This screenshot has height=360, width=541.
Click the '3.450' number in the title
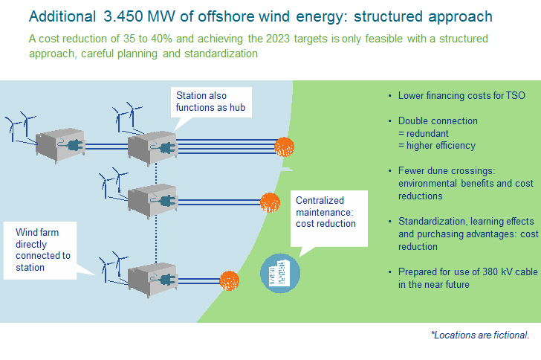coord(123,16)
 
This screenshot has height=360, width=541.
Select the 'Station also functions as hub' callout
coord(211,102)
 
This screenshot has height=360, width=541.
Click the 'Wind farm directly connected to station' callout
coord(40,250)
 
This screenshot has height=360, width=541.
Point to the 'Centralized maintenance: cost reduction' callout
coord(328,219)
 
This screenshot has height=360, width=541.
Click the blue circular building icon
coord(280,273)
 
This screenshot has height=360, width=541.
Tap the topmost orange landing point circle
coord(285,147)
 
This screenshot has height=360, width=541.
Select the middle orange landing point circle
coord(270,202)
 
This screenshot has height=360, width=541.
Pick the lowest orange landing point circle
coord(230,280)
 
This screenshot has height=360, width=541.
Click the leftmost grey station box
coord(60,146)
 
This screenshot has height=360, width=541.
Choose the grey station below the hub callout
coord(152,148)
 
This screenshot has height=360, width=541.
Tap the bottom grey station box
coord(152,280)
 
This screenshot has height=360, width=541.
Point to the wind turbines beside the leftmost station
coord(21,126)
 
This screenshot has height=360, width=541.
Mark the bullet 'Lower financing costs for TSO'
coord(461,96)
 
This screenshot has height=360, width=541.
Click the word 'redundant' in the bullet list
coord(427,133)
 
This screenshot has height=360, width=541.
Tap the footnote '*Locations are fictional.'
coord(480,335)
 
